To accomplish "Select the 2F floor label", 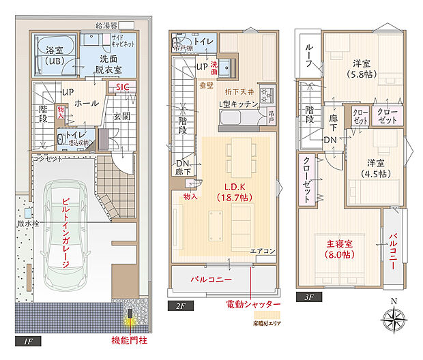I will pyautogui.click(x=181, y=306).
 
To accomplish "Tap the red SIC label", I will pyautogui.click(x=121, y=87).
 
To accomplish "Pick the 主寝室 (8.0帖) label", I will pyautogui.click(x=338, y=249).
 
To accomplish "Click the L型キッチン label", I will pyautogui.click(x=238, y=104).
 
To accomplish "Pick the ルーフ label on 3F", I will pyautogui.click(x=308, y=52).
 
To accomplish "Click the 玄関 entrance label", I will pyautogui.click(x=122, y=117).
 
